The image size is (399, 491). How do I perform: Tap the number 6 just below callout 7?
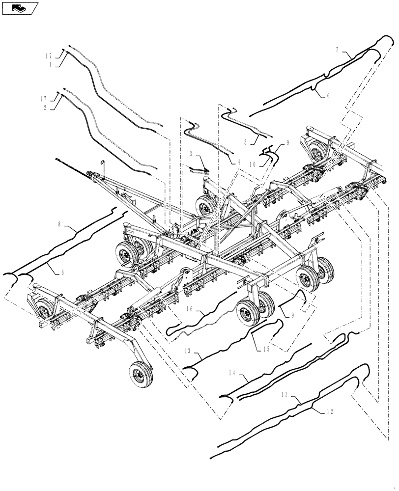[328, 96]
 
